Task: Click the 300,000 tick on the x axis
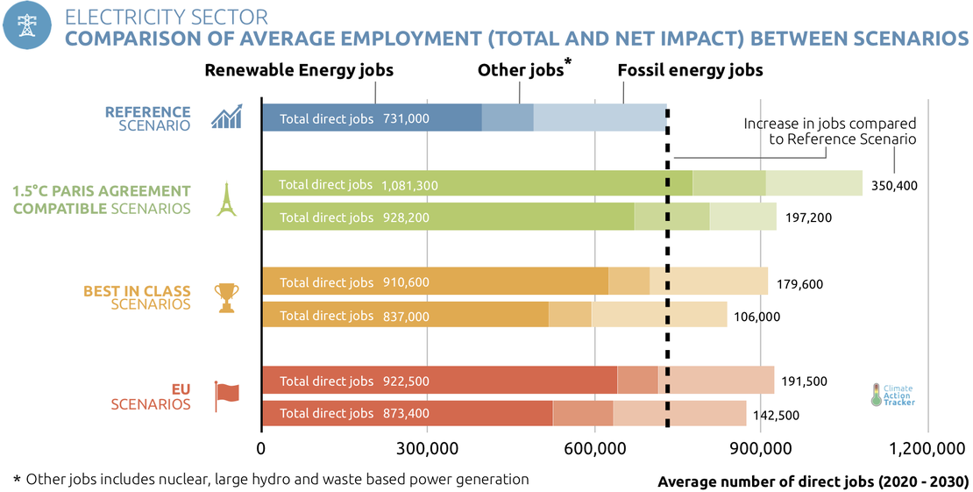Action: pyautogui.click(x=427, y=449)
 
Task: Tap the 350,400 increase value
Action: pyautogui.click(x=893, y=185)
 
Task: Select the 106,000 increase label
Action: pyautogui.click(x=755, y=316)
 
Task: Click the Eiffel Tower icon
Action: pyautogui.click(x=226, y=199)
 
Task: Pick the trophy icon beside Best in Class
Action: pyautogui.click(x=226, y=298)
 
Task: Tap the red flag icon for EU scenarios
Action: pyautogui.click(x=226, y=396)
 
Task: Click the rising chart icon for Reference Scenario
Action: pyautogui.click(x=226, y=118)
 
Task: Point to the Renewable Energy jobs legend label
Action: pyautogui.click(x=299, y=70)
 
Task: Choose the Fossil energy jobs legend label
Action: pyautogui.click(x=690, y=70)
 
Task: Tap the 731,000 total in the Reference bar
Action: pyautogui.click(x=406, y=118)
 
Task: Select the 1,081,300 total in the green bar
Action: pyautogui.click(x=409, y=185)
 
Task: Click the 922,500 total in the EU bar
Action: pyautogui.click(x=406, y=381)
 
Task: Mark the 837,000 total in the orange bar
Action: pyautogui.click(x=406, y=316)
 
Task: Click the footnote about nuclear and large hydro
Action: pyautogui.click(x=271, y=479)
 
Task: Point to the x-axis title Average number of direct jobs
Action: pyautogui.click(x=813, y=481)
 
